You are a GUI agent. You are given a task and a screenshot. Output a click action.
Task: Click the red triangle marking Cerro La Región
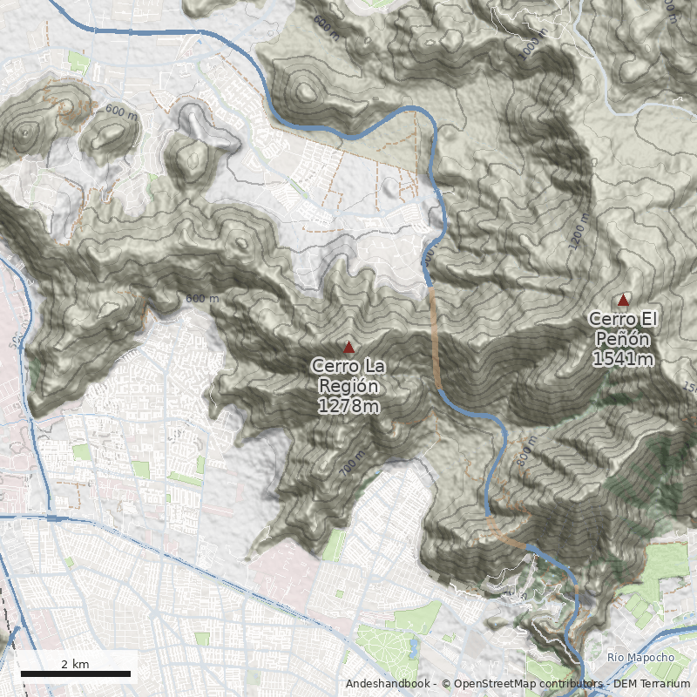[348, 347]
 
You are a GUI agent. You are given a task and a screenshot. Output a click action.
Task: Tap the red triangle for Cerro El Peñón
[623, 301]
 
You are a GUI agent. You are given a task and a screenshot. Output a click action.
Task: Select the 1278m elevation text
[348, 406]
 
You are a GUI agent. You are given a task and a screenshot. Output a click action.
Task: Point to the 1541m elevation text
[623, 358]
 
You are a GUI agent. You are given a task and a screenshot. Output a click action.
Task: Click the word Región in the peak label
[348, 386]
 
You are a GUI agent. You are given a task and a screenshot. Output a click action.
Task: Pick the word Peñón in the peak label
[623, 339]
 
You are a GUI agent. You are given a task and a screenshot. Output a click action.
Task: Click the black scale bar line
[75, 673]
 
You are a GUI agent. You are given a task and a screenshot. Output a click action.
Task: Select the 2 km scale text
[75, 664]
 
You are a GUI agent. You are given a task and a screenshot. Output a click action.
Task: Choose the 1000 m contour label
[532, 44]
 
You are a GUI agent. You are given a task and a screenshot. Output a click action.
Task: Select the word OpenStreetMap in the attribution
[494, 684]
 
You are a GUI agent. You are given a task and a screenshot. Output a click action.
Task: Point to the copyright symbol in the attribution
[445, 684]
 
